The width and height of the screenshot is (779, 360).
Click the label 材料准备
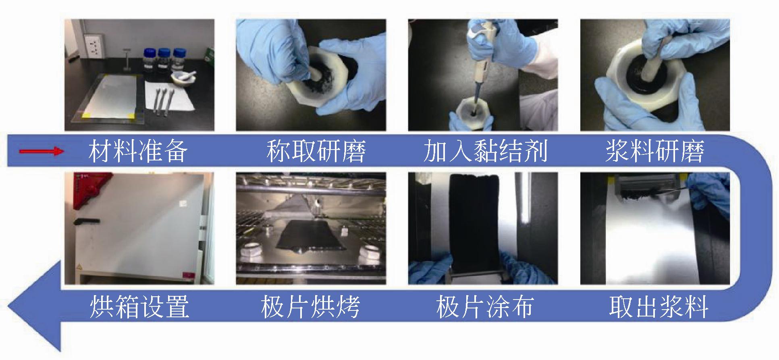pos(138,151)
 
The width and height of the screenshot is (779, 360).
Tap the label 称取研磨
pos(316,151)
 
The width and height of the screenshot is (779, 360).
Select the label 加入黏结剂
pos(486,151)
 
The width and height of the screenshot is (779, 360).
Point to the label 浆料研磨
pos(654,151)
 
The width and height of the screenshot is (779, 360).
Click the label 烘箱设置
pos(139,307)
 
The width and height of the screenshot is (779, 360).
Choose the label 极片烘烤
pos(310,307)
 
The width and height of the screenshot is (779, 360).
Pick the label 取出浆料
pos(659,307)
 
